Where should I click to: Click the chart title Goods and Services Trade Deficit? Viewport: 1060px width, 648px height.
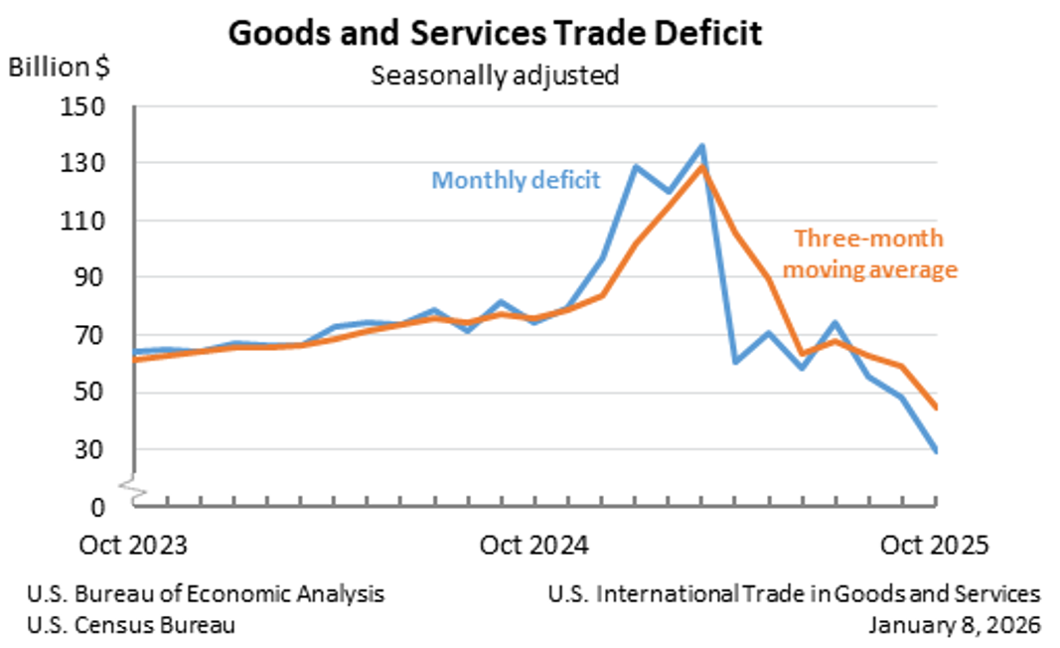pyautogui.click(x=495, y=33)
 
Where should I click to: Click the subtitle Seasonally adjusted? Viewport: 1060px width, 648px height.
pyautogui.click(x=495, y=75)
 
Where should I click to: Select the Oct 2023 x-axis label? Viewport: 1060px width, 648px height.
pyautogui.click(x=132, y=546)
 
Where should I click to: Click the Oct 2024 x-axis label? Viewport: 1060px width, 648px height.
pyautogui.click(x=534, y=546)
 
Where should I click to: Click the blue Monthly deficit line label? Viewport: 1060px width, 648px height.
pyautogui.click(x=516, y=180)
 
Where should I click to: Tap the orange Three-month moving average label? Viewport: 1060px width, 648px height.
pyautogui.click(x=875, y=254)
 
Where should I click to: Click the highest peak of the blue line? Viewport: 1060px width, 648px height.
pyautogui.click(x=701, y=146)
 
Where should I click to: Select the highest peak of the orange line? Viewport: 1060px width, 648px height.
pyautogui.click(x=702, y=166)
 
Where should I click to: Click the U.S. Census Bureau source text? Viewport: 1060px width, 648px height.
pyautogui.click(x=131, y=625)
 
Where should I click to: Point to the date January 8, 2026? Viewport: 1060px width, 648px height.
pyautogui.click(x=954, y=625)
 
